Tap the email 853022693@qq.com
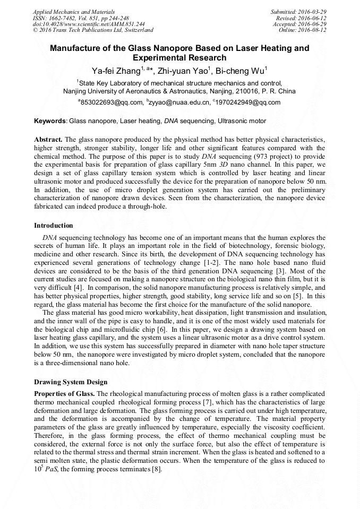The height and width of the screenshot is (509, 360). point(112,102)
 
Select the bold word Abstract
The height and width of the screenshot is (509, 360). point(48,139)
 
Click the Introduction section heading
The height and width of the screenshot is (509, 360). point(54,226)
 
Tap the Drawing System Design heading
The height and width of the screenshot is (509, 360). point(71,382)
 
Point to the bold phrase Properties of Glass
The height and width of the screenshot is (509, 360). point(64,393)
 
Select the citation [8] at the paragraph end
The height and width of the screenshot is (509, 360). point(157,470)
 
